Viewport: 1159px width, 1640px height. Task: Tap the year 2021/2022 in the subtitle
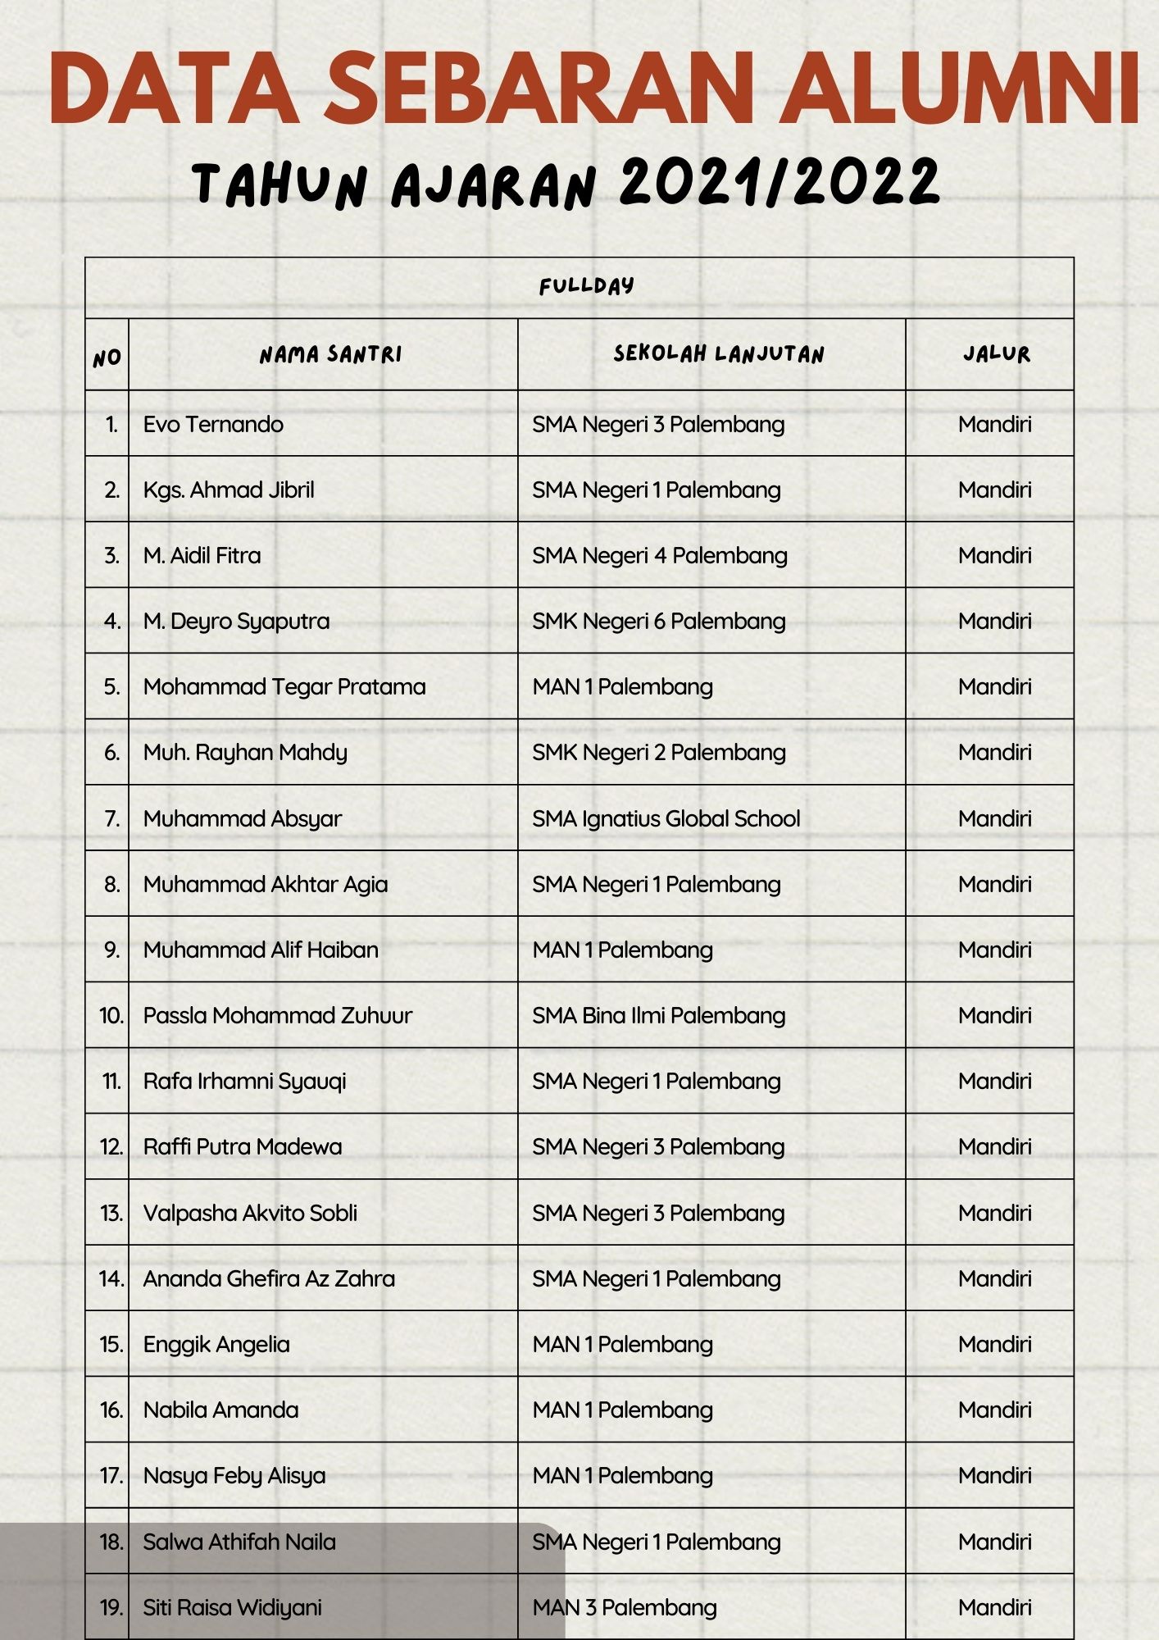779,181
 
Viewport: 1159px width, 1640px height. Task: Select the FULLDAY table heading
586,286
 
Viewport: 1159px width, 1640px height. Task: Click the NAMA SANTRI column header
330,354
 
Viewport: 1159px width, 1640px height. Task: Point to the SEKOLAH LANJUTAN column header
719,354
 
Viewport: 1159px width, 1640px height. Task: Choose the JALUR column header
996,354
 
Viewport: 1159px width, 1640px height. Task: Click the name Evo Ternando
213,424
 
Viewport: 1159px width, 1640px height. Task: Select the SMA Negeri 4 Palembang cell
659,555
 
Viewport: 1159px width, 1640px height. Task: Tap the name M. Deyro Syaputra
236,621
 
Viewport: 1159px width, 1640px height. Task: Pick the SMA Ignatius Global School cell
666,818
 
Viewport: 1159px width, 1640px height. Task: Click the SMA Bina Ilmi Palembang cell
658,1015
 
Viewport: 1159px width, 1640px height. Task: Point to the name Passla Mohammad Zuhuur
277,1015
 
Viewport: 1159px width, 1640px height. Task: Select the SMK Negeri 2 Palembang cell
658,752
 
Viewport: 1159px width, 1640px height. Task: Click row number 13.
111,1213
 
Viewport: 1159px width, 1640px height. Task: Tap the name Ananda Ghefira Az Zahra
269,1278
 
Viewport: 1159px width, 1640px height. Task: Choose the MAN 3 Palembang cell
624,1607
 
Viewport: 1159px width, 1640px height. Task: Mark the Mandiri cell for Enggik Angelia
994,1344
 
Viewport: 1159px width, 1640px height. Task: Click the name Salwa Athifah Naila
239,1542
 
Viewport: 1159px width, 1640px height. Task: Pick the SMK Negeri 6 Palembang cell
658,621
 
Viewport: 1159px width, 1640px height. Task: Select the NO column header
107,358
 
